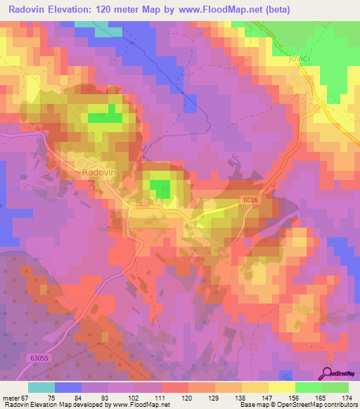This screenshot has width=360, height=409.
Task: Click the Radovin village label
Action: pos(94,171)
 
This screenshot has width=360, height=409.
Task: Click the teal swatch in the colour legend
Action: pos(41,387)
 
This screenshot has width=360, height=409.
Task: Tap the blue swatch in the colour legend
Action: pos(67,387)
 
